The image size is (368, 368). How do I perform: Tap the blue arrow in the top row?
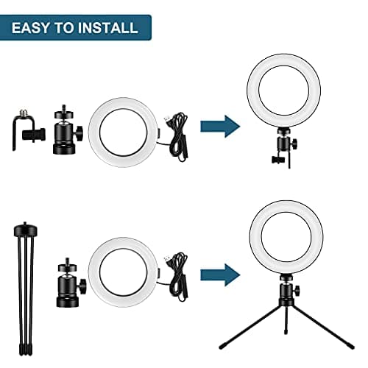(221, 125)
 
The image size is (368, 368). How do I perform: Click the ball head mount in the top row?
(66, 133)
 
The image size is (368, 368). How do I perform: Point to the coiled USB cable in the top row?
(176, 132)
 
